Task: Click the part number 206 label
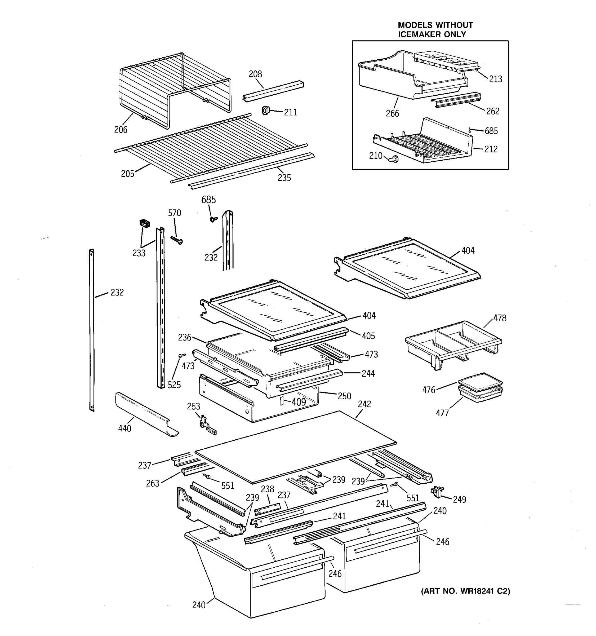pyautogui.click(x=121, y=130)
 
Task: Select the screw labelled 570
pyautogui.click(x=176, y=240)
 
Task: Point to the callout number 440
pyautogui.click(x=125, y=428)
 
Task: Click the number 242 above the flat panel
pyautogui.click(x=364, y=404)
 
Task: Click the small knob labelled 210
pyautogui.click(x=394, y=158)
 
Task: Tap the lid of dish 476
pyautogui.click(x=480, y=382)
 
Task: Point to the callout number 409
pyautogui.click(x=299, y=402)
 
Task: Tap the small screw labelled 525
pyautogui.click(x=183, y=355)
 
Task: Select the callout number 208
pyautogui.click(x=255, y=74)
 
